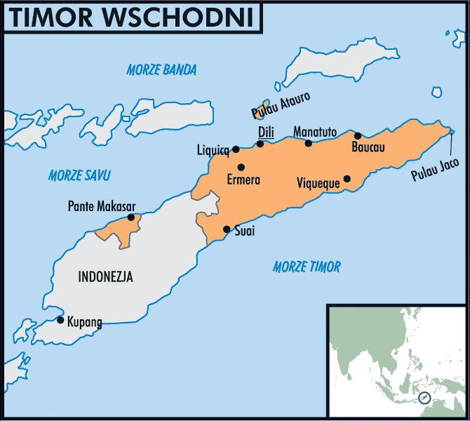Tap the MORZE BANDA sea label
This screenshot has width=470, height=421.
(x=161, y=69)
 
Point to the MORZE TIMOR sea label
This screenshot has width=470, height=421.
(x=307, y=267)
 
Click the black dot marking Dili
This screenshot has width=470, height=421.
(x=260, y=144)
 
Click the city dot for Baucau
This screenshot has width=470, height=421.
(x=358, y=135)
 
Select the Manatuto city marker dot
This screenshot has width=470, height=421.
(x=308, y=143)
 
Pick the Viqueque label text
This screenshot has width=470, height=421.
(x=318, y=183)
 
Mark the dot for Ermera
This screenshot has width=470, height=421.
(x=241, y=167)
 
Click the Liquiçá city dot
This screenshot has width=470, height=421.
(x=236, y=149)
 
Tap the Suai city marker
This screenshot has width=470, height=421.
(x=227, y=229)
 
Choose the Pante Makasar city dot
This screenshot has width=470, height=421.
(x=131, y=218)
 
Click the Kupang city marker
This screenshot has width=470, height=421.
(x=60, y=320)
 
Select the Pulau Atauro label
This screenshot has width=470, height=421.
(x=281, y=106)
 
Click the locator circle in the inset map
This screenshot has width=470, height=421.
(x=424, y=398)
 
